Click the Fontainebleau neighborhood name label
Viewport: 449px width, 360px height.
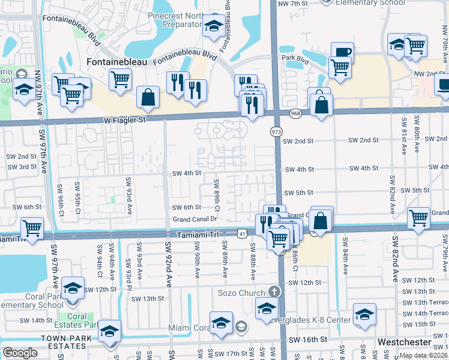pyautogui.click(x=119, y=62)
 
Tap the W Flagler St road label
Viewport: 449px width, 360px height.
pyautogui.click(x=125, y=120)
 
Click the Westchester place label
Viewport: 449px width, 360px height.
pyautogui.click(x=405, y=342)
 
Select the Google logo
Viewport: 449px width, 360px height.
pyautogui.click(x=20, y=353)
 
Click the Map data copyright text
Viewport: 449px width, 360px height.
pyautogui.click(x=423, y=355)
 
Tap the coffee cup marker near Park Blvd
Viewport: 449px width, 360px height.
pyautogui.click(x=342, y=52)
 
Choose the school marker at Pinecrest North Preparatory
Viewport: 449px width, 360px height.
pyautogui.click(x=212, y=26)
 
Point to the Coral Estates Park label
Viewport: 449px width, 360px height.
pyautogui.click(x=82, y=320)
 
